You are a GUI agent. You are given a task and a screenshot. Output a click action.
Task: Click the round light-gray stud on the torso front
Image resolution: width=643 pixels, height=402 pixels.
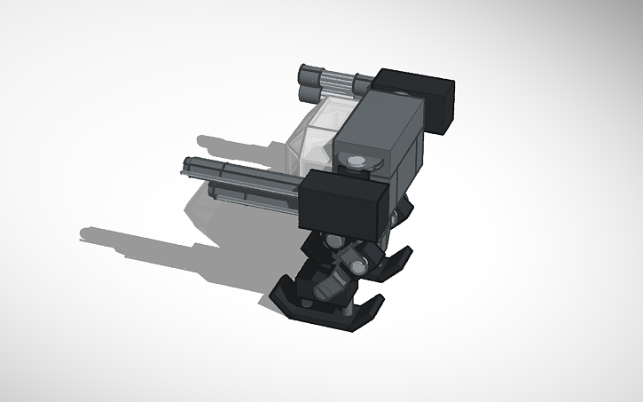[x=357, y=161]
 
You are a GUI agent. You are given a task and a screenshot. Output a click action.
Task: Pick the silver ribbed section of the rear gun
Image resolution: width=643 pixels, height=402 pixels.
[x=339, y=85]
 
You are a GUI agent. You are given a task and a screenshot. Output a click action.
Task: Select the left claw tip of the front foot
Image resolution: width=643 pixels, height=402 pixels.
[x=277, y=291]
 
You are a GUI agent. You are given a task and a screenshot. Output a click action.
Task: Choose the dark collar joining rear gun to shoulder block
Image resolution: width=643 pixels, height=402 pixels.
[x=363, y=86]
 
